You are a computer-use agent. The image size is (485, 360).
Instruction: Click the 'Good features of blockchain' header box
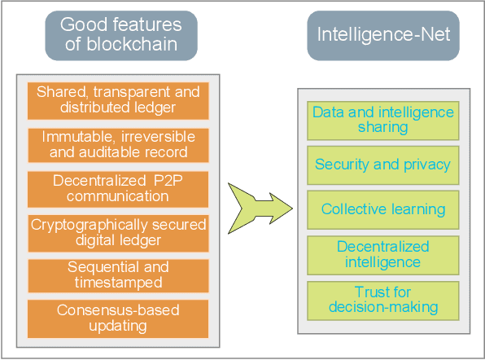(120, 35)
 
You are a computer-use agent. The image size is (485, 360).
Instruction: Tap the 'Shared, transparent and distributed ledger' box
(118, 99)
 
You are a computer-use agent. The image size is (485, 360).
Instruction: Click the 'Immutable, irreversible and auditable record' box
(118, 144)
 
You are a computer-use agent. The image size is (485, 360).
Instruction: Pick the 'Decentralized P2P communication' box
(118, 187)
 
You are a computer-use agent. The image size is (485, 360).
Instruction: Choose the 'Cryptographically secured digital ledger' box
(118, 231)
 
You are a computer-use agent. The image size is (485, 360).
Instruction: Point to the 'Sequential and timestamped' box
(118, 274)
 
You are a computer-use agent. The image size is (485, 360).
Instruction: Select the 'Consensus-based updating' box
(118, 318)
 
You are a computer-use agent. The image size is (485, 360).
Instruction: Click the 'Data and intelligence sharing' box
(383, 119)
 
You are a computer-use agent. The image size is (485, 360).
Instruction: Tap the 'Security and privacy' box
(383, 165)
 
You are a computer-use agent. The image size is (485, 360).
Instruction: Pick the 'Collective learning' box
(383, 209)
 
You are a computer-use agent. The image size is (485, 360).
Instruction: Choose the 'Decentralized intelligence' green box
(383, 254)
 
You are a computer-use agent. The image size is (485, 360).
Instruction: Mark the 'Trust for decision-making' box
(383, 300)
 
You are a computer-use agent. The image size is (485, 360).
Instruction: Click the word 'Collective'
(352, 209)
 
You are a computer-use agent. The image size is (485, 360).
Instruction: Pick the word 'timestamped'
(118, 283)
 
